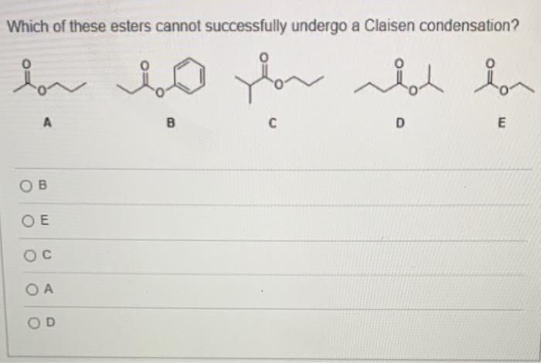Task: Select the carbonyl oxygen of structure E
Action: (487, 62)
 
